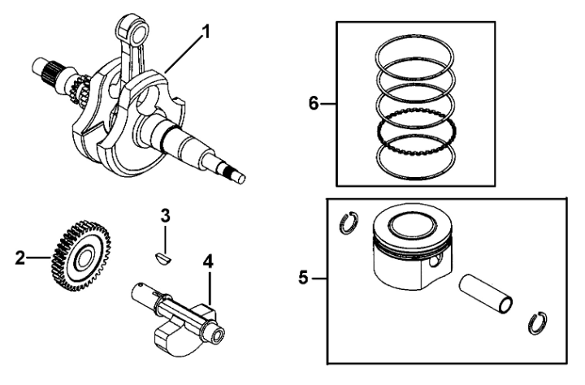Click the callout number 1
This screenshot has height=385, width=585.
pos(206,32)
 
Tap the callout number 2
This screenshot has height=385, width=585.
pos(20,257)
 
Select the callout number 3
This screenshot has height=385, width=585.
pos(165,215)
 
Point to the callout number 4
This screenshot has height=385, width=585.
pos(208,262)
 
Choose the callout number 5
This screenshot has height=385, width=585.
pos(304,278)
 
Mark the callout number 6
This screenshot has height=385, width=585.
pos(314,103)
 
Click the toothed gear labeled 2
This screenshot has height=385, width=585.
pos(80,256)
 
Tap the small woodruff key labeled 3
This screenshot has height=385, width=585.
pos(163,258)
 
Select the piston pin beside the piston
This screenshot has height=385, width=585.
pos(485,293)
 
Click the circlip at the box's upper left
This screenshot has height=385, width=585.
pos(349,223)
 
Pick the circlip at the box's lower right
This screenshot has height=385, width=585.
pos(538,322)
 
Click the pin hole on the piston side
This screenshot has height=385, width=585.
pos(434,262)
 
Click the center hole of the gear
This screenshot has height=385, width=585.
pos(83,257)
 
